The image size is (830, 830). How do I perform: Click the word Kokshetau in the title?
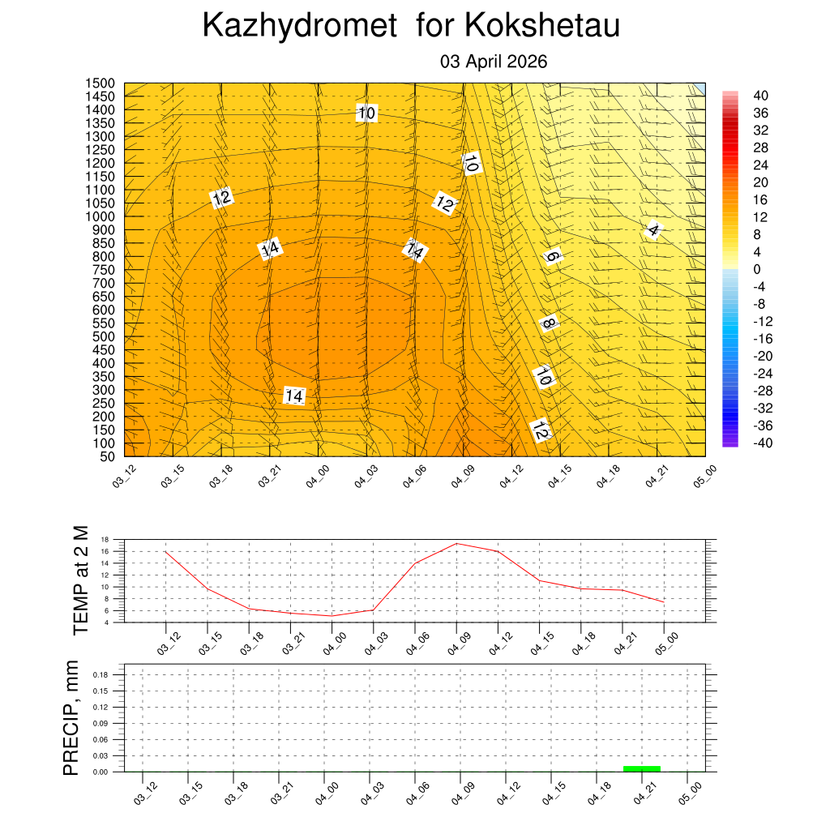click(x=542, y=26)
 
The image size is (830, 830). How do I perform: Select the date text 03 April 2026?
click(x=494, y=62)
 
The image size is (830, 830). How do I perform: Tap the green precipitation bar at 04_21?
click(x=642, y=768)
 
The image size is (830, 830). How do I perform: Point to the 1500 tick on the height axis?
click(x=101, y=83)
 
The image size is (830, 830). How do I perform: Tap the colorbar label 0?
click(x=757, y=269)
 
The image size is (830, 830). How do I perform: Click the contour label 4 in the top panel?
click(x=654, y=230)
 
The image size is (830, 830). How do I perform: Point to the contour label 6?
click(x=552, y=257)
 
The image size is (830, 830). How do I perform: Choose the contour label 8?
click(x=549, y=323)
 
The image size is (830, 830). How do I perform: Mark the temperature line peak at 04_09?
click(x=456, y=543)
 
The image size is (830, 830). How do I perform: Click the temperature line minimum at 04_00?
click(x=332, y=616)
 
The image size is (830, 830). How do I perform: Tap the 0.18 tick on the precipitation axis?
click(x=100, y=674)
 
